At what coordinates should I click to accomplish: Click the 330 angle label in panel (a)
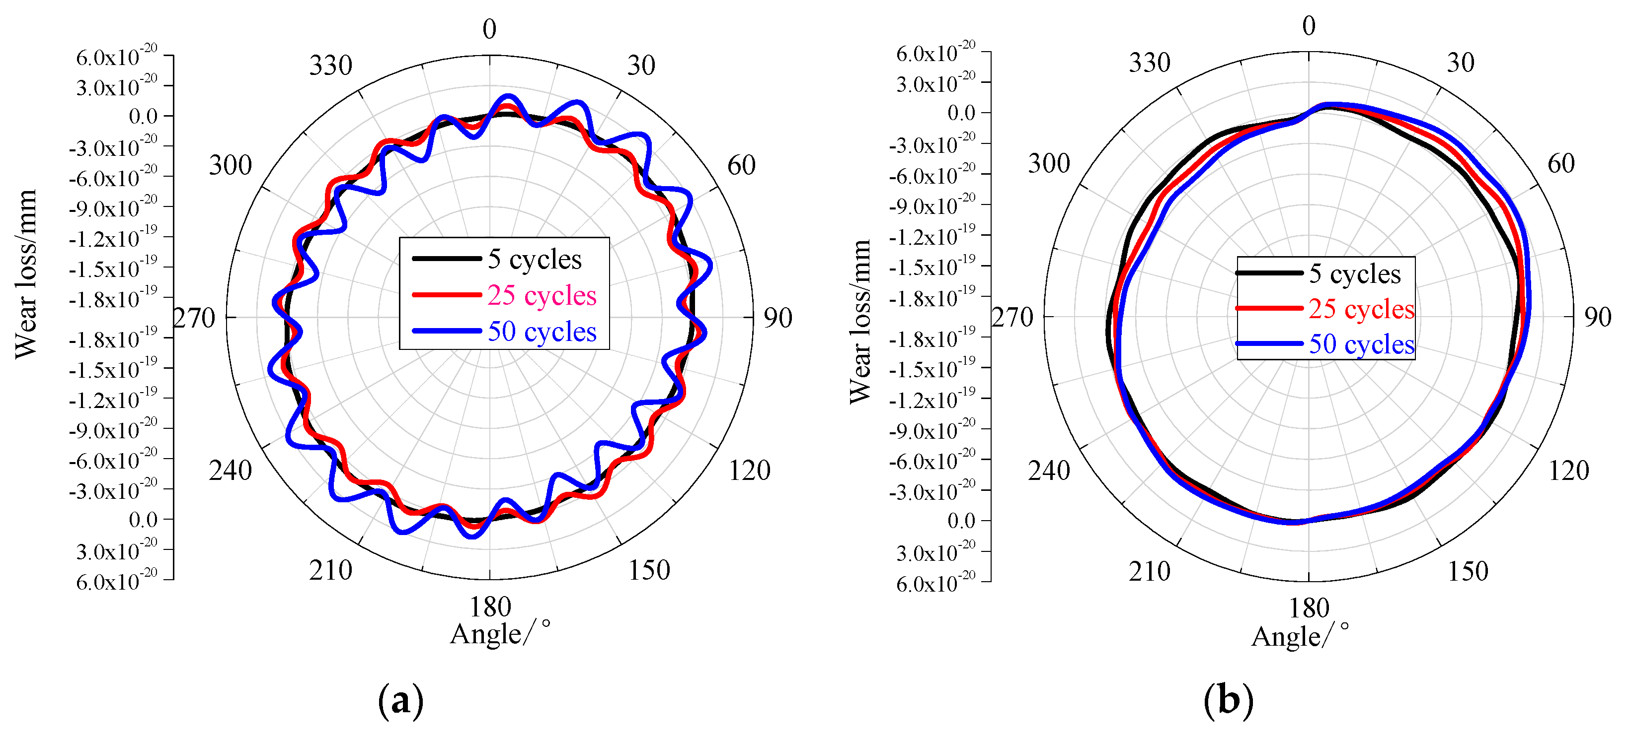pyautogui.click(x=330, y=65)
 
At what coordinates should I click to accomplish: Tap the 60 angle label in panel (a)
pyautogui.click(x=741, y=165)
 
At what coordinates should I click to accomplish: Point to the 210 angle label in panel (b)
pyautogui.click(x=1149, y=571)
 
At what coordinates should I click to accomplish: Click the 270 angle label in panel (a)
pyautogui.click(x=194, y=318)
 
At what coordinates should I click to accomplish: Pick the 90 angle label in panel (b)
pyautogui.click(x=1597, y=317)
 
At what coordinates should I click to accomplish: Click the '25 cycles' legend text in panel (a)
pyautogui.click(x=542, y=295)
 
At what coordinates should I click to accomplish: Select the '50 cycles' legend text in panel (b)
pyautogui.click(x=1361, y=344)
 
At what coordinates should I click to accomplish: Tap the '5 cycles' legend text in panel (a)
pyautogui.click(x=535, y=260)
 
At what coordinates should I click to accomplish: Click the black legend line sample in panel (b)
pyautogui.click(x=1269, y=273)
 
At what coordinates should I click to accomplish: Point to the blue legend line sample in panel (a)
pyautogui.click(x=446, y=331)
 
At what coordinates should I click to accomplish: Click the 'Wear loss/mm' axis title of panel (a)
pyautogui.click(x=27, y=273)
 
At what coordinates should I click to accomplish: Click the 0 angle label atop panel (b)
pyautogui.click(x=1309, y=26)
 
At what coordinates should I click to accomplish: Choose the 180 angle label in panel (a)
pyautogui.click(x=490, y=607)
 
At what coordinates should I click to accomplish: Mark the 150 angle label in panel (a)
pyautogui.click(x=648, y=571)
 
